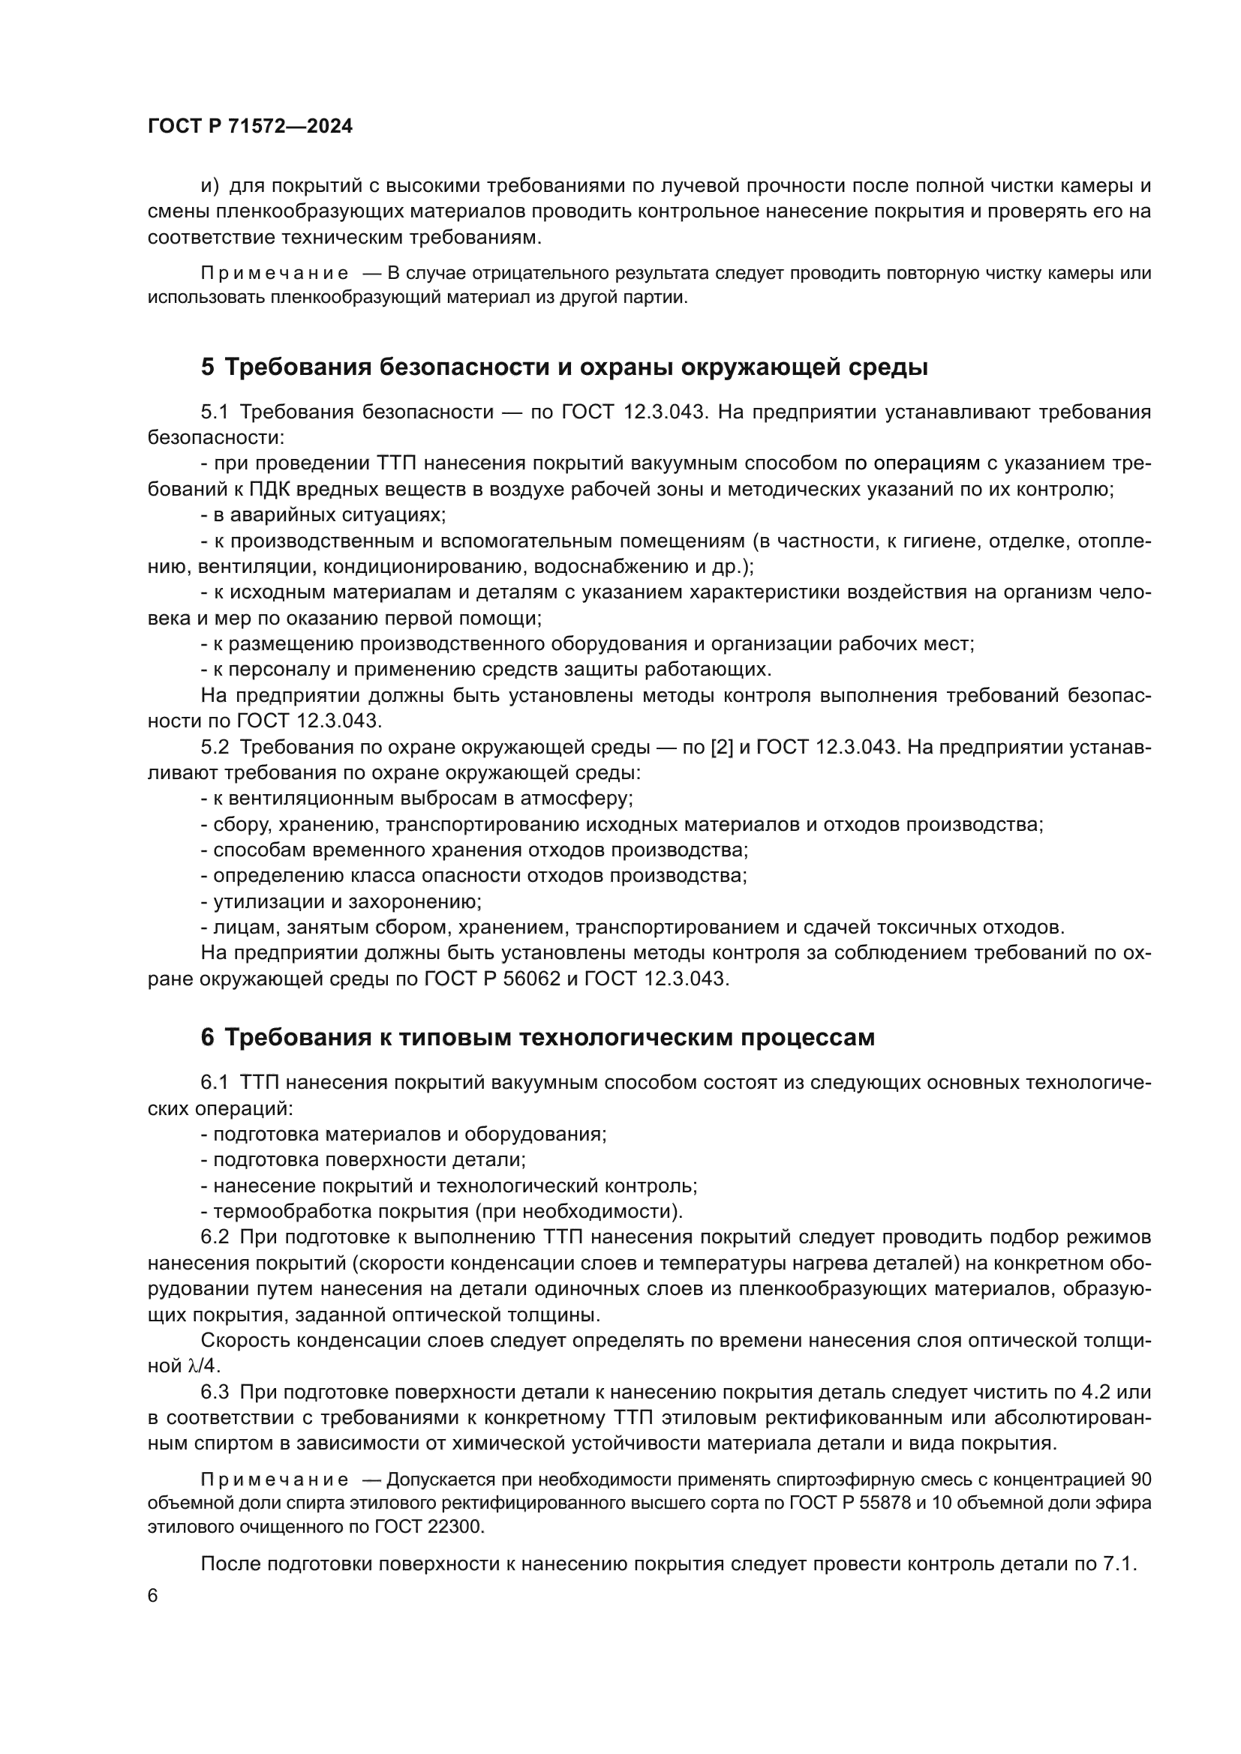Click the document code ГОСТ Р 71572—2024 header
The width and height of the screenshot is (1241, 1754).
click(x=250, y=127)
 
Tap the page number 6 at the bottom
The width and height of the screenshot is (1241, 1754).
click(x=153, y=1597)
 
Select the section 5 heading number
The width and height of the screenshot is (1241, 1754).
click(x=208, y=367)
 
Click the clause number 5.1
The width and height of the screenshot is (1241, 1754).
click(x=215, y=412)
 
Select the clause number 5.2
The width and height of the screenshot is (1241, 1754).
click(x=215, y=747)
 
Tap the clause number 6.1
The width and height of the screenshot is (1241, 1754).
click(x=215, y=1083)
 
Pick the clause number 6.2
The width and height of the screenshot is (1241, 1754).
click(x=215, y=1237)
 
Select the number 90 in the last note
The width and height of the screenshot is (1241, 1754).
click(x=1140, y=1480)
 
